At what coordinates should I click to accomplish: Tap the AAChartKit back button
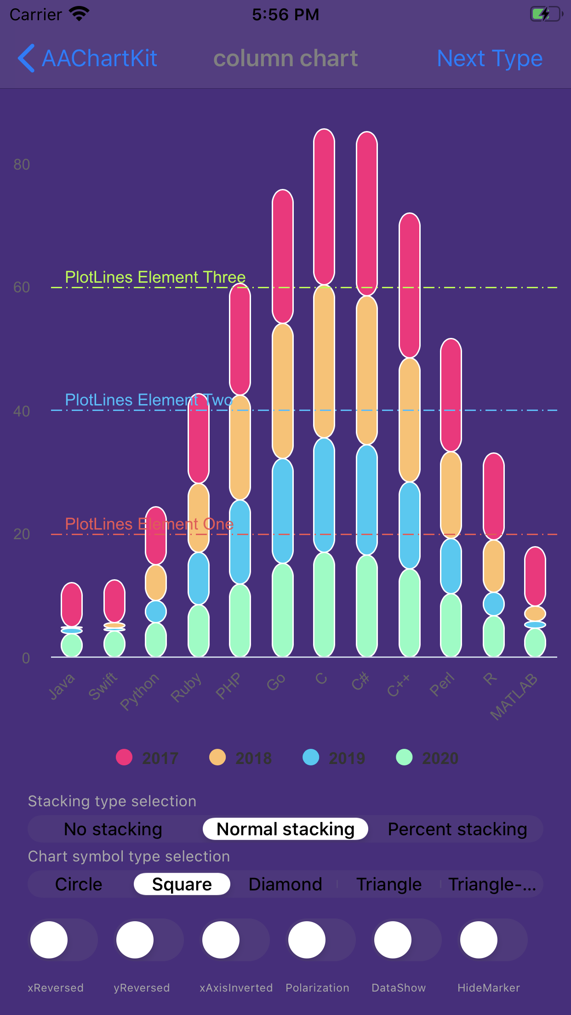click(x=87, y=58)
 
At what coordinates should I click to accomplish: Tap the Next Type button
click(x=489, y=58)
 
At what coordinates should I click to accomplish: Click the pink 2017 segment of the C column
click(x=324, y=207)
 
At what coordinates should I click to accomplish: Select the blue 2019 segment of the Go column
click(x=283, y=510)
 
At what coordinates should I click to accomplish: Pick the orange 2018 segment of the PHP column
click(x=240, y=447)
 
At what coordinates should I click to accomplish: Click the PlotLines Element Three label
click(x=155, y=277)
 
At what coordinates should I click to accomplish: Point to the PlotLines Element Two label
click(x=148, y=400)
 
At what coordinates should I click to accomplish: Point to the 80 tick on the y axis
click(x=22, y=165)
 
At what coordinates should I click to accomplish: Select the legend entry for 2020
click(x=427, y=758)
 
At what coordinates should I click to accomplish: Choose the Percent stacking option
click(x=457, y=829)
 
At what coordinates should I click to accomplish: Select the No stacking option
click(x=113, y=829)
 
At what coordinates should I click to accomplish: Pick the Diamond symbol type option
click(x=285, y=884)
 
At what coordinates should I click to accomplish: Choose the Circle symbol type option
click(x=79, y=884)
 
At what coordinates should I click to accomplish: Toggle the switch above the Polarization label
click(x=321, y=940)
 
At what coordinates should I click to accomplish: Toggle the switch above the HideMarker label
click(x=493, y=940)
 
